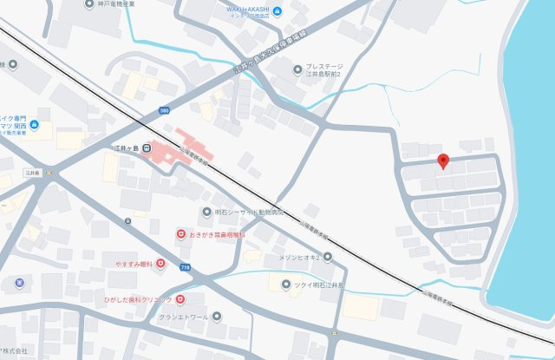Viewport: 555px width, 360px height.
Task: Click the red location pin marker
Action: point(442,161)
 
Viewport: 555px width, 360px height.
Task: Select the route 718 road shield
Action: point(184,268)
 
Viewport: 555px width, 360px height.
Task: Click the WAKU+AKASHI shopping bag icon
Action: point(276,11)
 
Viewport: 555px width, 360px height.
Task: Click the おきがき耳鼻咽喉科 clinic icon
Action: point(180,234)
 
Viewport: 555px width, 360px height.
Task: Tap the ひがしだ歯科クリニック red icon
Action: point(180,299)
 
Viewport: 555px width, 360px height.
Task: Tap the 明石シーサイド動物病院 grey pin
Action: point(206,211)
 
